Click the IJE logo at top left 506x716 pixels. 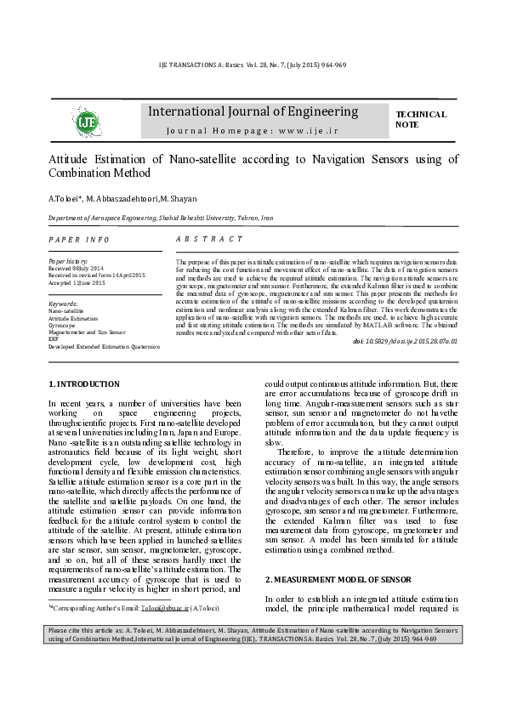pyautogui.click(x=87, y=122)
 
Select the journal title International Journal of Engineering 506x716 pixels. pyautogui.click(x=253, y=111)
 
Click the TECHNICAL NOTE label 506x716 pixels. pyautogui.click(x=420, y=119)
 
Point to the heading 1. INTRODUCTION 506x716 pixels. pyautogui.click(x=84, y=384)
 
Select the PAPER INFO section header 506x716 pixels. pyautogui.click(x=79, y=241)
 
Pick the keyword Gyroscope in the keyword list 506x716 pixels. pyautogui.click(x=61, y=325)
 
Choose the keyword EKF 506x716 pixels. pyautogui.click(x=54, y=339)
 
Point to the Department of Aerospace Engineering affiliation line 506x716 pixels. pyautogui.click(x=160, y=218)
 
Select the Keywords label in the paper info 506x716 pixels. pyautogui.click(x=64, y=304)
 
